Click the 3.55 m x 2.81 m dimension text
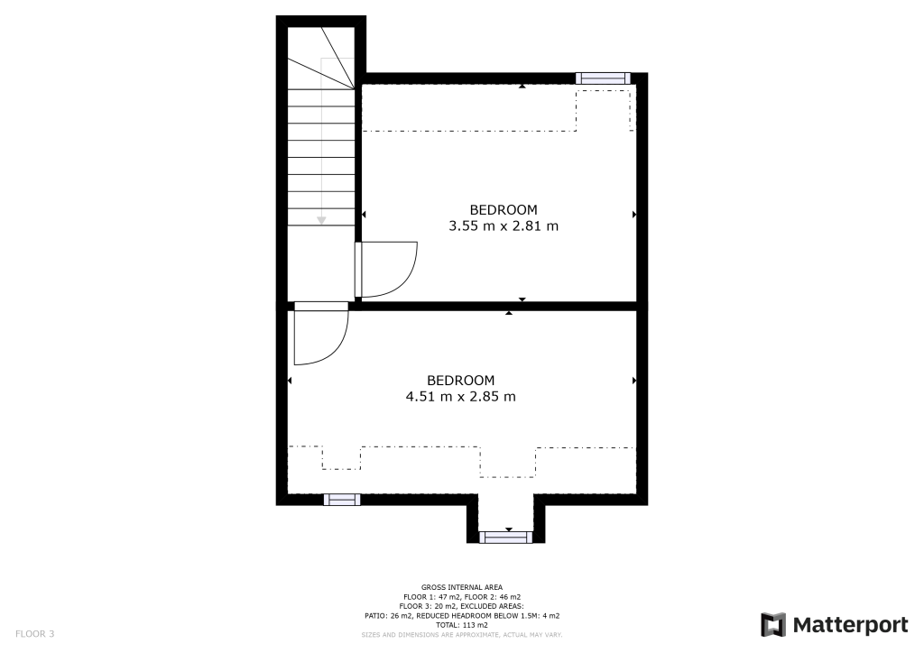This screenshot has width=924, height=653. (504, 226)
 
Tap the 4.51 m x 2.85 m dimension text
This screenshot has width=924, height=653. (461, 397)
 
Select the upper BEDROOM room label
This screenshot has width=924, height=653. (504, 209)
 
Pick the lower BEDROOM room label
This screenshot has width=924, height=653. (461, 381)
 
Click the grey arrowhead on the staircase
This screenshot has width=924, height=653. (321, 221)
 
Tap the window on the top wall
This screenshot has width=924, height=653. (603, 78)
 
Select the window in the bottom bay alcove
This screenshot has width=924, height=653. (505, 537)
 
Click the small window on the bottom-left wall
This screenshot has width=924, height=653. (342, 500)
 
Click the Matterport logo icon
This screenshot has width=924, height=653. (773, 625)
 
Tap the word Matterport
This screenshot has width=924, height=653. (850, 625)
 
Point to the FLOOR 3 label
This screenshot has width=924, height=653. (35, 634)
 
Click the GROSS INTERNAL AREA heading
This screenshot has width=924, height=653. (462, 587)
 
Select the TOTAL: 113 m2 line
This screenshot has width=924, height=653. (462, 625)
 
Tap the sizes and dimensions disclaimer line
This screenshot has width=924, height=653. (462, 635)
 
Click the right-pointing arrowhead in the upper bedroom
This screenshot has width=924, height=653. (634, 215)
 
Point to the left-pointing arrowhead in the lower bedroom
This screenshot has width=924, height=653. (290, 381)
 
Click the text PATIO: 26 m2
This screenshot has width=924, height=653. (390, 616)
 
